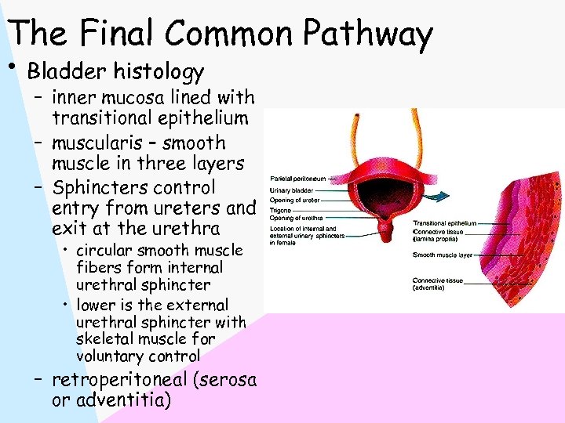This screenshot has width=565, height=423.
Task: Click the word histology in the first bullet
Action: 159,72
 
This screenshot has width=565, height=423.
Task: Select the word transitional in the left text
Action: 102,119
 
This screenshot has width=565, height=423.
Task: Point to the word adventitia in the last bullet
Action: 120,401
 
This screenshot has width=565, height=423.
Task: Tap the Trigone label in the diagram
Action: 280,209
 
